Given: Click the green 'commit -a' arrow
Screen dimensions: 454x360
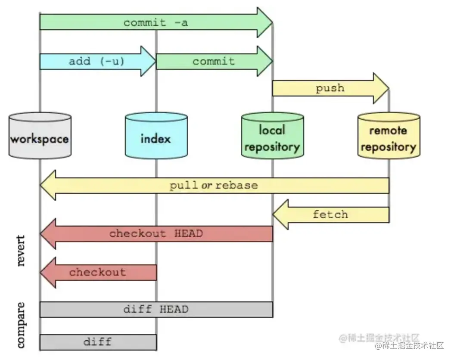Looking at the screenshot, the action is pyautogui.click(x=156, y=22).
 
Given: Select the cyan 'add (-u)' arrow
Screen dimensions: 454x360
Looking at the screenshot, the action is pyautogui.click(x=98, y=61).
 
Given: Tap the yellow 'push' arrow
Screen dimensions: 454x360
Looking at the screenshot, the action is pyautogui.click(x=331, y=88).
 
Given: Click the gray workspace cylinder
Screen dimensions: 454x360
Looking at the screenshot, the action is pyautogui.click(x=40, y=136).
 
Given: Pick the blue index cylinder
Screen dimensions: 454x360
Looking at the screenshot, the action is pyautogui.click(x=156, y=136).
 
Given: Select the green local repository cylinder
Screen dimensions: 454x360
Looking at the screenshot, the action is pyautogui.click(x=273, y=136).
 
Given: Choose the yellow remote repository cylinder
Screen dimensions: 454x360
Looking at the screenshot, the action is pyautogui.click(x=389, y=136).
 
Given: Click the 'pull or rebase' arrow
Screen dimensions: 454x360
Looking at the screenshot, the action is pyautogui.click(x=215, y=185).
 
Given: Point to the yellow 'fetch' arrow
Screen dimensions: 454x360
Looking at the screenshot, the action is pyautogui.click(x=331, y=214).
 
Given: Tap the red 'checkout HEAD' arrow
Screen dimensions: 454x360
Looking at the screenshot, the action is pyautogui.click(x=156, y=233).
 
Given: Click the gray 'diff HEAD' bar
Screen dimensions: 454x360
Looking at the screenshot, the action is pyautogui.click(x=156, y=309).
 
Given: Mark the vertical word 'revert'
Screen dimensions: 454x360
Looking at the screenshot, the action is pyautogui.click(x=21, y=251).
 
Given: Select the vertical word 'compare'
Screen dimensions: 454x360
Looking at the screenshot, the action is pyautogui.click(x=21, y=325).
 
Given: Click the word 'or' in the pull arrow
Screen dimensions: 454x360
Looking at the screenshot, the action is pyautogui.click(x=207, y=185).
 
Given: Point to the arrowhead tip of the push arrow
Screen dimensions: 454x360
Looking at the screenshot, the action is pyautogui.click(x=389, y=88).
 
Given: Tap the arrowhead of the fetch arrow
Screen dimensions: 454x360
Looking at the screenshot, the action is pyautogui.click(x=280, y=214).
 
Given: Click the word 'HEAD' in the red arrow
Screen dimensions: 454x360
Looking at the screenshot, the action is pyautogui.click(x=189, y=233).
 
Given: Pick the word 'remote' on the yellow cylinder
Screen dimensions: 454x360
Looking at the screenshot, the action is pyautogui.click(x=388, y=130).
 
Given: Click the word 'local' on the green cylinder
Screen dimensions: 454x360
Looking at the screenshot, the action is pyautogui.click(x=272, y=130).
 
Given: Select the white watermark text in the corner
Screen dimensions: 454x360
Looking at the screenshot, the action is pyautogui.click(x=409, y=345).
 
